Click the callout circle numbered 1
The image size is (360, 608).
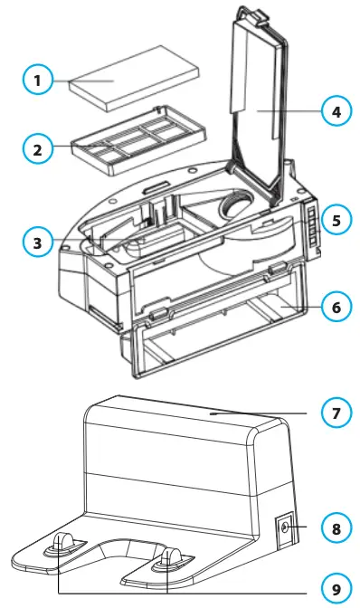pyautogui.click(x=38, y=81)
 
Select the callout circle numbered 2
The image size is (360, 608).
pyautogui.click(x=38, y=148)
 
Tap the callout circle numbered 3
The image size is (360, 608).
pyautogui.click(x=38, y=242)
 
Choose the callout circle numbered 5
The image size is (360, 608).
pyautogui.click(x=336, y=221)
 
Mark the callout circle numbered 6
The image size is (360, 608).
pyautogui.click(x=336, y=307)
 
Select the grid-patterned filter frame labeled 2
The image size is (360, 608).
pyautogui.click(x=122, y=144)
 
